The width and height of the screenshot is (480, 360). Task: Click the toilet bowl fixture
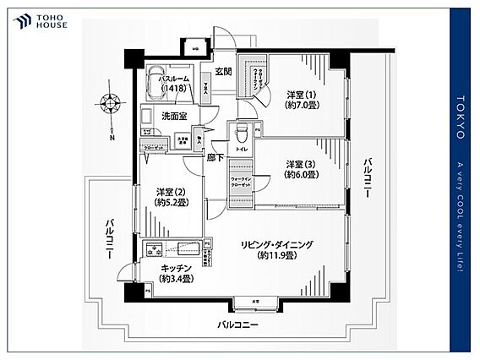(241, 133)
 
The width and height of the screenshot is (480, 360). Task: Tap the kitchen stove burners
(155, 249)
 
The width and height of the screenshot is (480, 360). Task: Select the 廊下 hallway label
(216, 158)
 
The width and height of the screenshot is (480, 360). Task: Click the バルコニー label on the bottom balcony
(237, 325)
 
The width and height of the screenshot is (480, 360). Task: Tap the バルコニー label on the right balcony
(368, 177)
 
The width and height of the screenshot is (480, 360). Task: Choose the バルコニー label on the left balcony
(111, 238)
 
